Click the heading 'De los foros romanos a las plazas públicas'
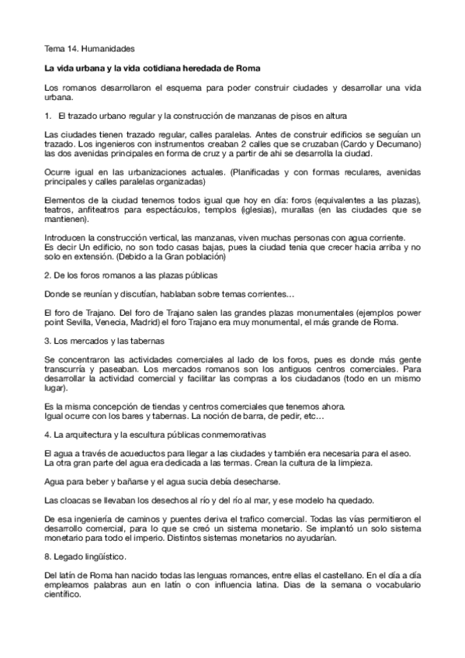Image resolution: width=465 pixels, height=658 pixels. [130, 275]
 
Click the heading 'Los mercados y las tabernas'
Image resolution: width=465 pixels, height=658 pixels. [101, 340]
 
